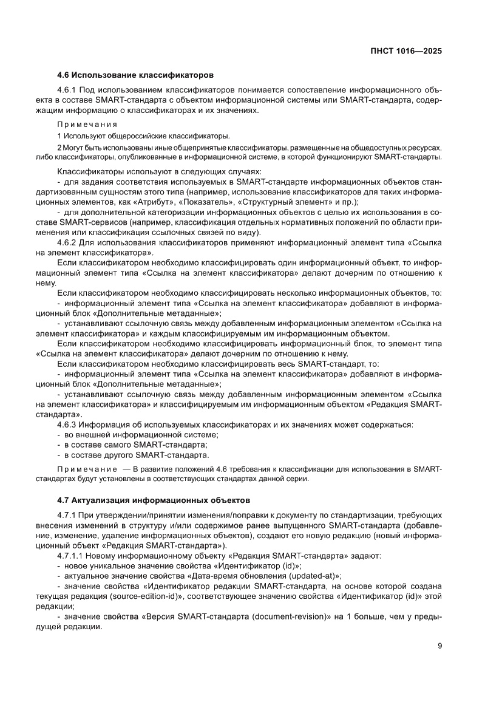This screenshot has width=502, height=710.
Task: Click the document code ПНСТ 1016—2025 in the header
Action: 405,52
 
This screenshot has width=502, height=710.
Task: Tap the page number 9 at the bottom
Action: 439,646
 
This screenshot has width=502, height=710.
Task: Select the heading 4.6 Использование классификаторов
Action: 135,76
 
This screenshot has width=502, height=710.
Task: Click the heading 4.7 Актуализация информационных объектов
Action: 152,500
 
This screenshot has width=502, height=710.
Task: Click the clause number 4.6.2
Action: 67,242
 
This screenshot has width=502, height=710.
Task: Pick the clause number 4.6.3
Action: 67,425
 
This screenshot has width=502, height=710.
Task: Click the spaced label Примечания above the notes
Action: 87,124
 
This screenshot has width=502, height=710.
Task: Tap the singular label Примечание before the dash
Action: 87,469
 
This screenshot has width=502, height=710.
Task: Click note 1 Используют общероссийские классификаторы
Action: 143,135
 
